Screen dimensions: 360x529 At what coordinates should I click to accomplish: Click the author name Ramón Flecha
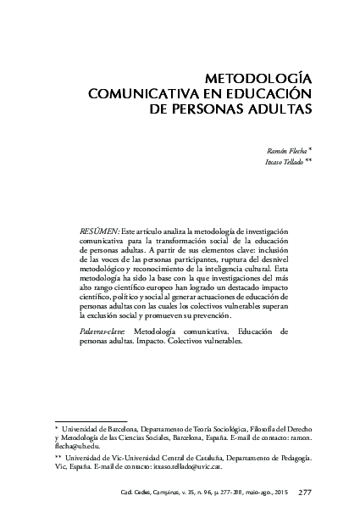pos(285,148)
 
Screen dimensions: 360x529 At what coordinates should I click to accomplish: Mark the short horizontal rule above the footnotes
pos(90,420)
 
